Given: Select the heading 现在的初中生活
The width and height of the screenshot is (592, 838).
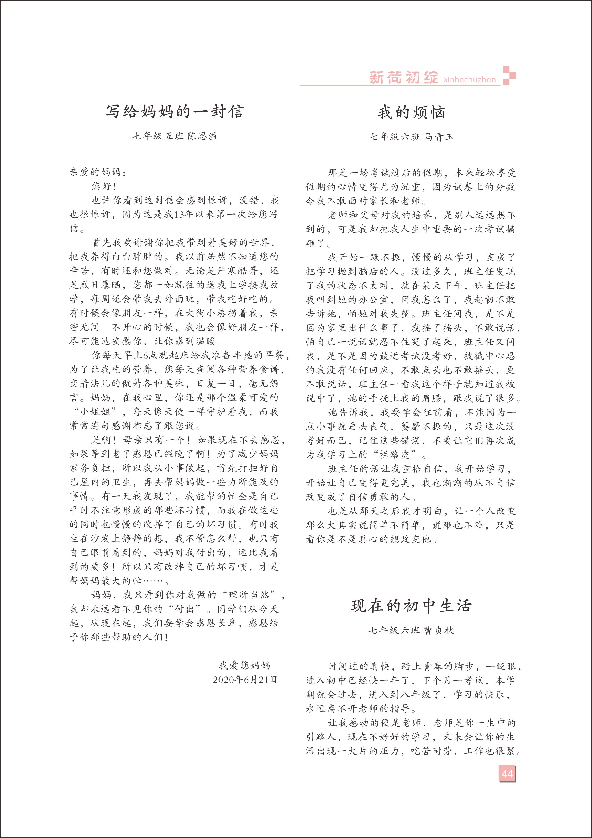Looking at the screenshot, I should coord(411,606).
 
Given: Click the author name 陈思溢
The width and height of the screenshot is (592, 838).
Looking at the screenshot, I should coord(202,136).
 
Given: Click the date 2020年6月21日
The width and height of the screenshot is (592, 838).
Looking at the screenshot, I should coord(245,680).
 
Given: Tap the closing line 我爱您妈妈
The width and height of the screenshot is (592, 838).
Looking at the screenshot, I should coord(244,665).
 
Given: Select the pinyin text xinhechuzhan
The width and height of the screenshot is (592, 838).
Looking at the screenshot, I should coord(469,80).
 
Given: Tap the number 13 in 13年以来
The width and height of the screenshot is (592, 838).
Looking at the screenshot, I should coord(179,215).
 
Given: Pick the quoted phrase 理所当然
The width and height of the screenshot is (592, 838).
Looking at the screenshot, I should coord(249,595).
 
